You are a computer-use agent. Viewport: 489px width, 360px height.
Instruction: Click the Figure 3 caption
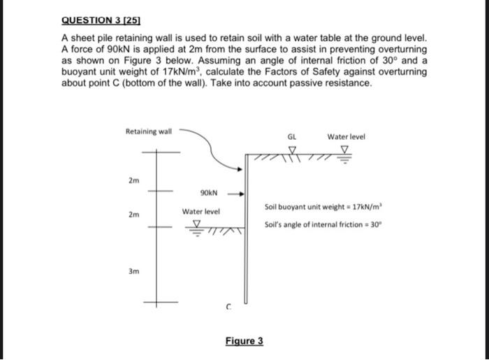click(x=245, y=341)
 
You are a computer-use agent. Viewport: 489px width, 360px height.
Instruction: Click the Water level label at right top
click(x=345, y=137)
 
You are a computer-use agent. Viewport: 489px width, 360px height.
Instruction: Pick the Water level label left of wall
click(x=201, y=211)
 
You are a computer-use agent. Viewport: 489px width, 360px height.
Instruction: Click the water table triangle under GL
click(x=292, y=150)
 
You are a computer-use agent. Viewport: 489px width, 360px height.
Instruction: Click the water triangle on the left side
click(x=196, y=225)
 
